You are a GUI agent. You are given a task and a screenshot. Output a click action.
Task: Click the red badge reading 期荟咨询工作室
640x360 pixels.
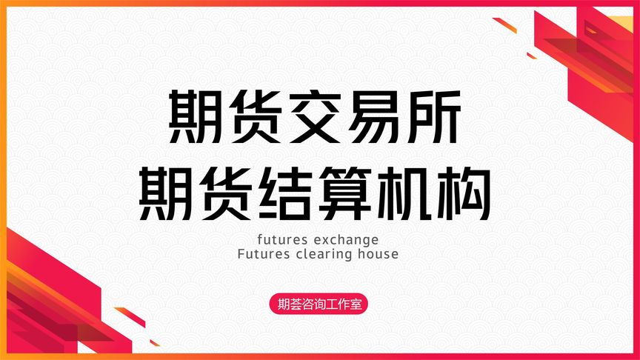point(319,304)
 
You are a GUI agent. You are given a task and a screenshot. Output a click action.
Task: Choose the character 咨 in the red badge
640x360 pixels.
point(307,304)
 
